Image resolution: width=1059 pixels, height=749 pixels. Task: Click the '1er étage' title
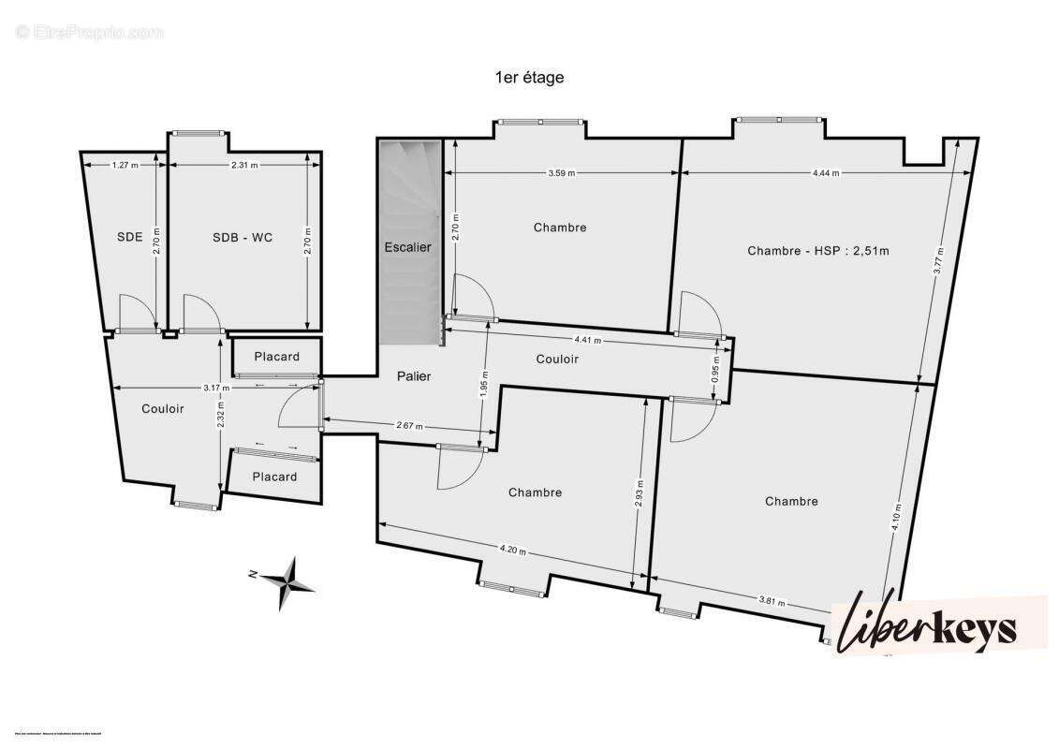pos(529,78)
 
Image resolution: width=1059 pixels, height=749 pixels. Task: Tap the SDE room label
pos(129,237)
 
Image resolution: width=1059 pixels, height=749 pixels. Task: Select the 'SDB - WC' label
pos(243,237)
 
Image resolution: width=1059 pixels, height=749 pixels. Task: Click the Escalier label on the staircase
pos(408,247)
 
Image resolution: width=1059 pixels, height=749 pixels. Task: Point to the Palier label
pos(413,376)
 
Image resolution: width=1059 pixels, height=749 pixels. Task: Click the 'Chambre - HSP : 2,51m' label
pos(817,250)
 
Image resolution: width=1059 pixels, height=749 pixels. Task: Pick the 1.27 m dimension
pos(125,165)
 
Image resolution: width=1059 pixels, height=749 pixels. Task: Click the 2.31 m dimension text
pos(243,165)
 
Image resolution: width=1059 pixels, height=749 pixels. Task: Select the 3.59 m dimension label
pos(561,172)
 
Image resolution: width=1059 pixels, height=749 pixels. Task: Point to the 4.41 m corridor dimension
pos(588,340)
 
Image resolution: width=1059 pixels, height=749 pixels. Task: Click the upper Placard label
pos(276,356)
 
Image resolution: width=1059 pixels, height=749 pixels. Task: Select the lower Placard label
pos(275,477)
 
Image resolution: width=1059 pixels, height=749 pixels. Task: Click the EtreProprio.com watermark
pos(90,33)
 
